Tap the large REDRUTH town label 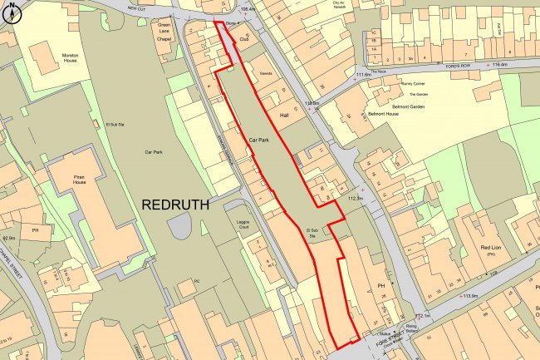(175, 203)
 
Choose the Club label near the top (244, 39)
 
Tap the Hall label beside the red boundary (284, 115)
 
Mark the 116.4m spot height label (498, 64)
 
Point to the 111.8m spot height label (364, 76)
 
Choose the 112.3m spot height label (356, 199)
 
